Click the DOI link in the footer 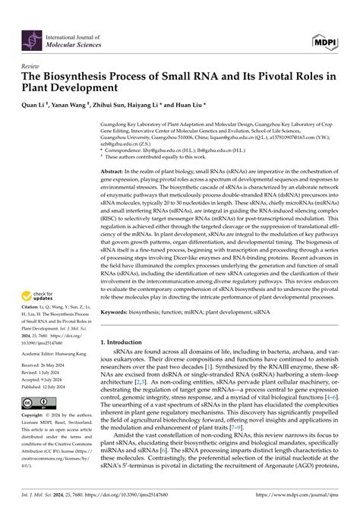133,496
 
